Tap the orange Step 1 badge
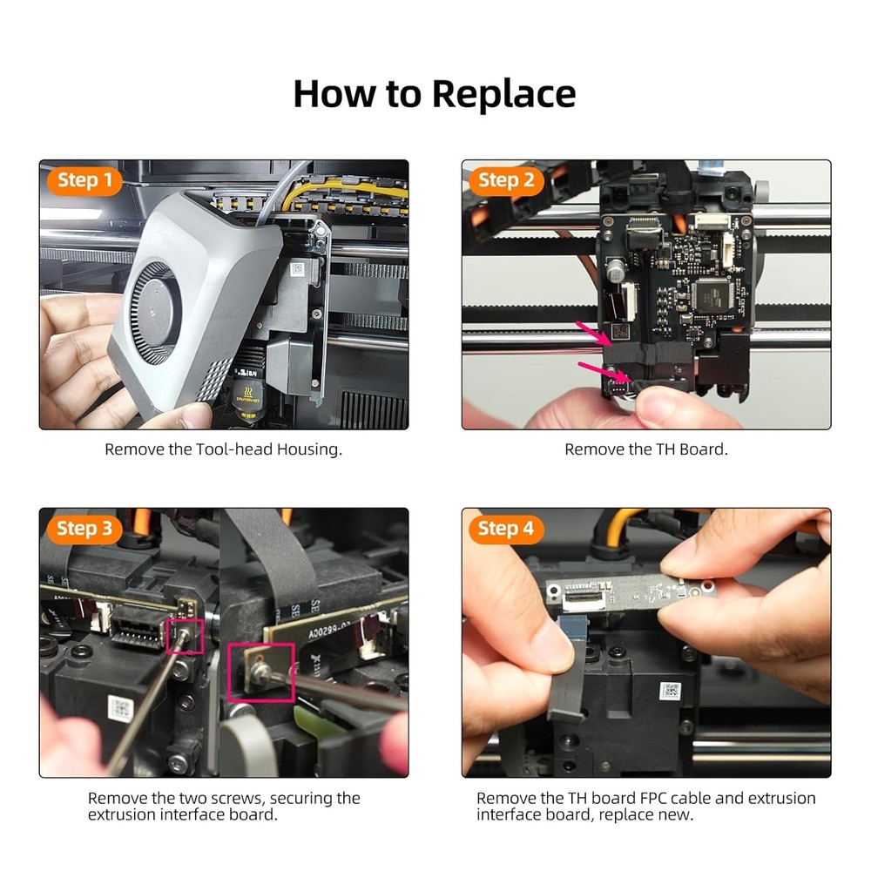(84, 181)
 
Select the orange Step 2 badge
(506, 181)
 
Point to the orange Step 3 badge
(84, 529)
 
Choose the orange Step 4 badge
(506, 529)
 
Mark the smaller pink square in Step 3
(187, 637)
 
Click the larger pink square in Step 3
(260, 672)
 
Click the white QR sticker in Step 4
(670, 691)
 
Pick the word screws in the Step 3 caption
(243, 799)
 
